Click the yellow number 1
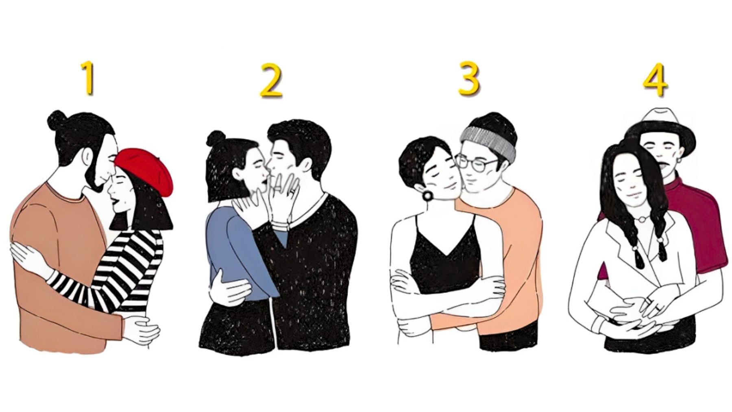pyautogui.click(x=88, y=78)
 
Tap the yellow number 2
pyautogui.click(x=271, y=81)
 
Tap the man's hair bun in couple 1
pyautogui.click(x=56, y=120)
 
